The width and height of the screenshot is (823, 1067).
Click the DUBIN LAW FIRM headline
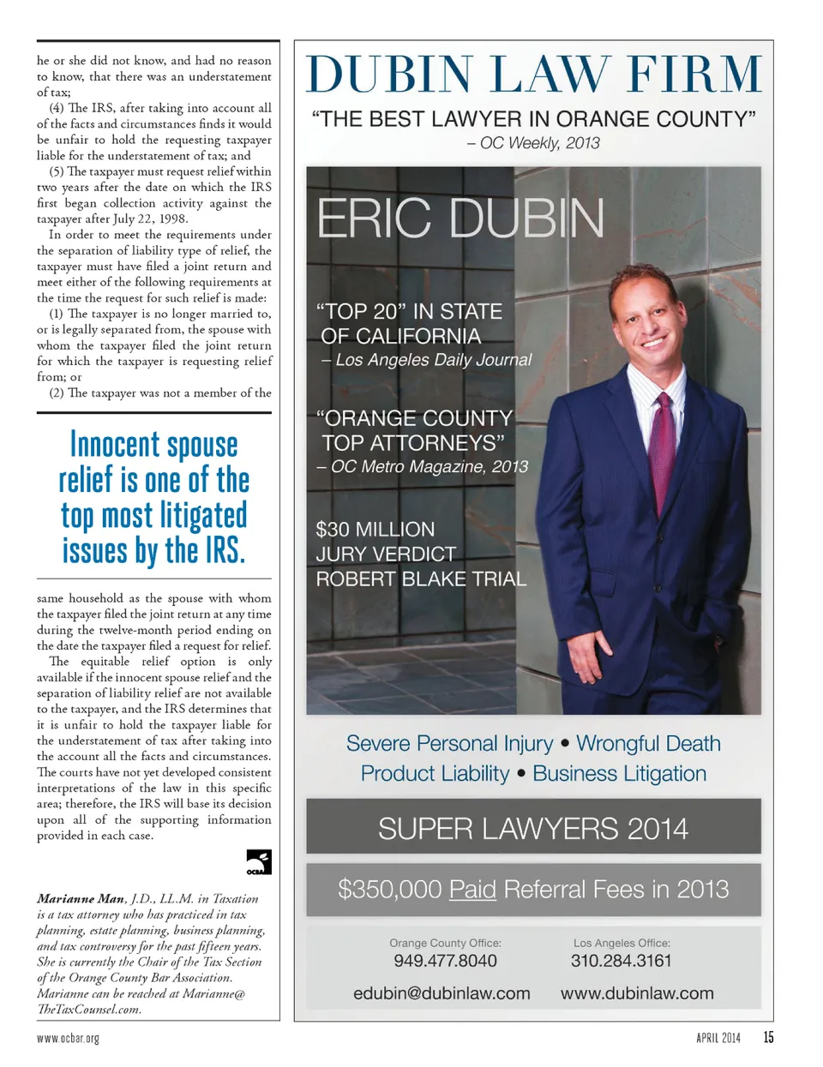click(533, 75)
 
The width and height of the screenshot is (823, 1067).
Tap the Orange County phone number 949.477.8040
click(445, 961)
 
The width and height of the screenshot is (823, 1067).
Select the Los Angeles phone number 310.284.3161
click(622, 961)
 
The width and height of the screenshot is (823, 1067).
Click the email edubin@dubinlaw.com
click(442, 993)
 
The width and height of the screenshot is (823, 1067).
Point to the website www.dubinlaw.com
click(637, 993)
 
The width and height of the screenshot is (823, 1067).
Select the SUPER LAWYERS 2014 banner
click(533, 828)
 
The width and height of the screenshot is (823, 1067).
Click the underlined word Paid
click(472, 890)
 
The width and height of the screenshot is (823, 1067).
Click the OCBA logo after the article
click(259, 862)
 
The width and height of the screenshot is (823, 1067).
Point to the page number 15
click(768, 1038)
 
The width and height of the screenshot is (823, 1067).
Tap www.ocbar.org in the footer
click(68, 1039)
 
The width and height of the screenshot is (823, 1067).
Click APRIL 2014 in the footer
click(718, 1039)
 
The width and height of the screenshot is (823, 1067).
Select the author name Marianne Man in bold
click(81, 899)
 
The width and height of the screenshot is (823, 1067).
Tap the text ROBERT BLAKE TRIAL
click(421, 579)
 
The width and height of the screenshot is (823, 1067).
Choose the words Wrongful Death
click(648, 743)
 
